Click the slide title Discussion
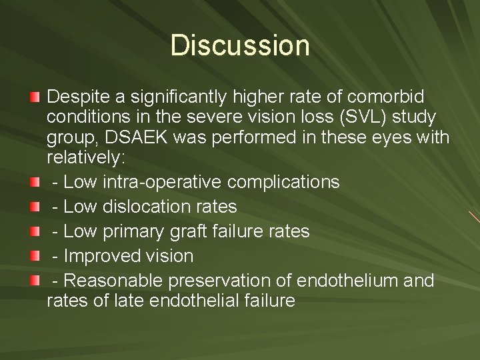point(240,46)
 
